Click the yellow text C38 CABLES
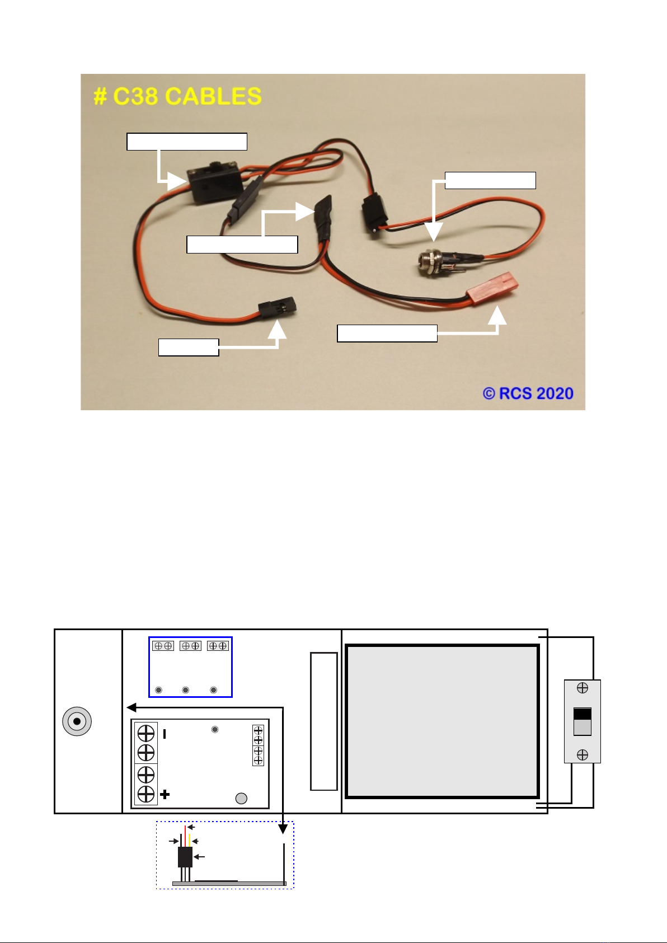(x=177, y=96)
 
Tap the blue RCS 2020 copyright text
(x=528, y=393)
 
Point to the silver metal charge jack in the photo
(x=434, y=261)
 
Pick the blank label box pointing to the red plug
(x=387, y=333)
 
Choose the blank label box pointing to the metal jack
(x=490, y=180)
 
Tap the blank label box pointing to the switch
(x=187, y=142)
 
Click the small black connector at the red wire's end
(x=276, y=309)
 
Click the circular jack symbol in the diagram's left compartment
(x=77, y=721)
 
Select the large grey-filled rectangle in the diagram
(x=442, y=721)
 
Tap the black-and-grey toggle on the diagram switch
(x=582, y=721)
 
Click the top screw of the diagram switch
(x=582, y=688)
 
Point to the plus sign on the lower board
(x=165, y=794)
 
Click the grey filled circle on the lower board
(x=241, y=799)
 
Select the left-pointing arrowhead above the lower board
(x=131, y=707)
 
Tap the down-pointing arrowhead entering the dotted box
(x=283, y=828)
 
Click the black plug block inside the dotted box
(x=185, y=857)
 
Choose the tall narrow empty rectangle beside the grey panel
(x=324, y=721)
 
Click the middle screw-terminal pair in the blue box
(x=190, y=646)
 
